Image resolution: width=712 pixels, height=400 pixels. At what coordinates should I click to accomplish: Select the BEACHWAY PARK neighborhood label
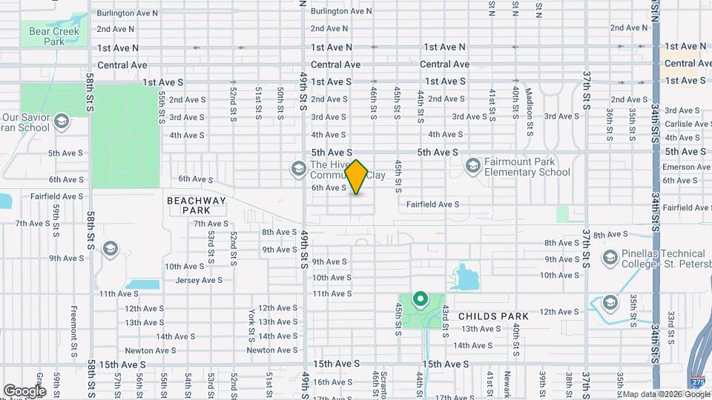click(191, 205)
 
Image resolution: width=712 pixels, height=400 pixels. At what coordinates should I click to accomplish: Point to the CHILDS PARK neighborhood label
click(494, 316)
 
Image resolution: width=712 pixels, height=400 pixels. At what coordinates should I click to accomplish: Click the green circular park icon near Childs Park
click(421, 300)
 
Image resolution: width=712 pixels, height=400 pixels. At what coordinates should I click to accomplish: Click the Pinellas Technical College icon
click(610, 258)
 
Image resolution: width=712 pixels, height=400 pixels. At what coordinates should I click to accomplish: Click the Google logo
click(24, 390)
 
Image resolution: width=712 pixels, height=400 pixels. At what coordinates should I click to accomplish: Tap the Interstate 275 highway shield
click(696, 382)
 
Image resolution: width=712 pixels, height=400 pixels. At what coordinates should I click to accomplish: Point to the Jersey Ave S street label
click(199, 280)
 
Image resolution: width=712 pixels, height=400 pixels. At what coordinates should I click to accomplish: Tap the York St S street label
click(252, 321)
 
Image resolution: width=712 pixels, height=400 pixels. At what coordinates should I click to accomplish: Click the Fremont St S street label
click(74, 322)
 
